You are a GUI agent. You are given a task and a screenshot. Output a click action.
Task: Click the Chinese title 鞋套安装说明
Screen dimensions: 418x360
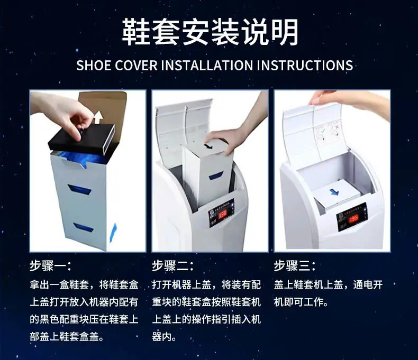click(x=210, y=32)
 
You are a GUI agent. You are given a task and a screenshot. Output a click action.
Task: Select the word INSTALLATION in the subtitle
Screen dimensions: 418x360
click(x=207, y=66)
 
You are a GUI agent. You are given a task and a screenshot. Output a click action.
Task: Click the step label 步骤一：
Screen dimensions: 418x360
click(x=50, y=265)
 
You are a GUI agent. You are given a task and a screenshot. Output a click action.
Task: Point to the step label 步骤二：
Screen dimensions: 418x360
click(x=172, y=265)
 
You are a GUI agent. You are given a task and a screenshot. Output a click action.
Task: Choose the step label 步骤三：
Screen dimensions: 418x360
click(x=295, y=265)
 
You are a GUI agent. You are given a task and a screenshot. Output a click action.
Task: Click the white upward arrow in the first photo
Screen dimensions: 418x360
click(x=98, y=117)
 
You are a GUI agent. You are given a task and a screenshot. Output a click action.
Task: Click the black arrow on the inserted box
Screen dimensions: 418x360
click(x=207, y=146)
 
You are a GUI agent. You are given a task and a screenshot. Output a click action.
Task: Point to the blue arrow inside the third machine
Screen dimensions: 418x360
click(x=333, y=192)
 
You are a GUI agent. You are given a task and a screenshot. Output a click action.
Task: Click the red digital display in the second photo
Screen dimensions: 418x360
click(x=222, y=214)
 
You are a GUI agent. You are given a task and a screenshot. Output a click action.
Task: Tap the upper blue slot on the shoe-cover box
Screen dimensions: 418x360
click(x=80, y=189)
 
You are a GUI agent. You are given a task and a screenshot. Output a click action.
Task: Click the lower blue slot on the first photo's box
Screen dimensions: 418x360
click(x=84, y=227)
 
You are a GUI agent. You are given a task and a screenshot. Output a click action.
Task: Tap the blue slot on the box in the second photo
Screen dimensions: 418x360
click(x=216, y=176)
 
